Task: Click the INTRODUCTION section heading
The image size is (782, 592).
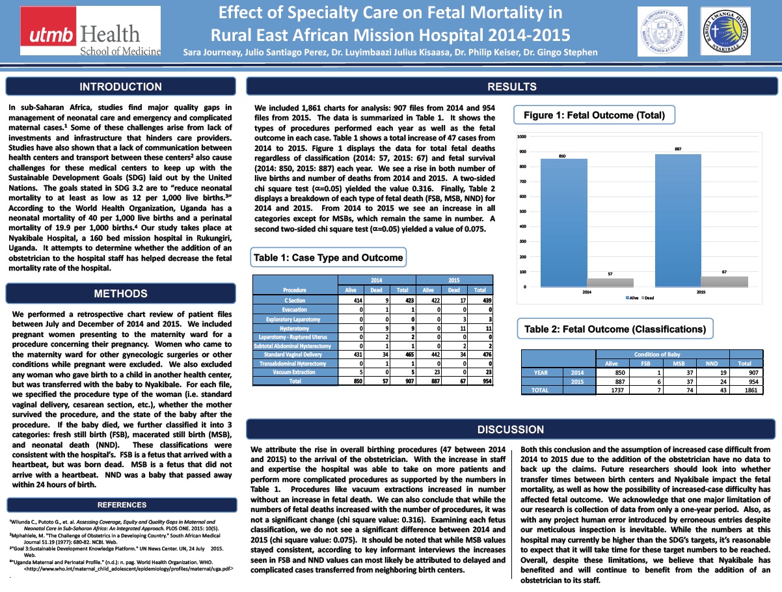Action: pyautogui.click(x=120, y=87)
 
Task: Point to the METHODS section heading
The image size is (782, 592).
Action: pyautogui.click(x=120, y=293)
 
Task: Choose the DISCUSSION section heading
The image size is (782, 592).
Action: pyautogui.click(x=511, y=429)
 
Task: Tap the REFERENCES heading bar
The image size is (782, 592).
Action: pyautogui.click(x=122, y=505)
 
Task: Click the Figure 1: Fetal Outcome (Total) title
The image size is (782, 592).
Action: pyautogui.click(x=594, y=116)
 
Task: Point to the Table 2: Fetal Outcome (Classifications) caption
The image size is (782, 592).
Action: pyautogui.click(x=615, y=329)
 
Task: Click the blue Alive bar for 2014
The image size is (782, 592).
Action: pyautogui.click(x=564, y=222)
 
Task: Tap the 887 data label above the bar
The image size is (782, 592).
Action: pyautogui.click(x=677, y=149)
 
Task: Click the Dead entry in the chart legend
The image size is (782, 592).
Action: pyautogui.click(x=648, y=297)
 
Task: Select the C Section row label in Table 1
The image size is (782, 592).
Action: pyautogui.click(x=295, y=301)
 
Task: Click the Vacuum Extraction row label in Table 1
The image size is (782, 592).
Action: pyautogui.click(x=295, y=372)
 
